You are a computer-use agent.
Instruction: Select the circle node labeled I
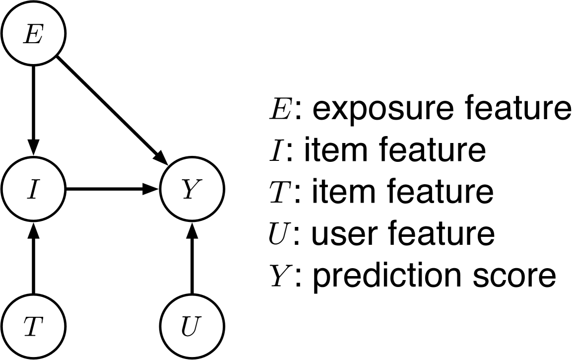click(x=33, y=189)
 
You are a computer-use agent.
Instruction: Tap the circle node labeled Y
click(x=192, y=189)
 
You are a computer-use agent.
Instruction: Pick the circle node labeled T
click(x=33, y=327)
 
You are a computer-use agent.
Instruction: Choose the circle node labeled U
click(x=192, y=327)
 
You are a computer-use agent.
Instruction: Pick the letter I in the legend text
click(x=275, y=151)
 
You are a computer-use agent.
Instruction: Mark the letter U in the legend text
click(x=278, y=233)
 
